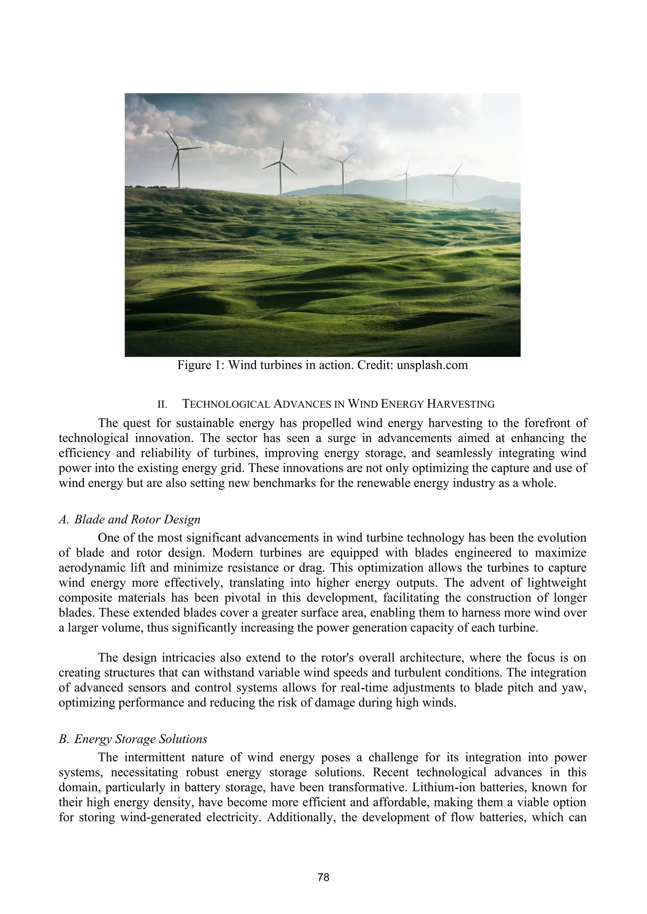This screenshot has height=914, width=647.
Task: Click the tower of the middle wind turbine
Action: [343, 179]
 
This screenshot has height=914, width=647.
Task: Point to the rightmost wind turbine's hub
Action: [453, 176]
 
